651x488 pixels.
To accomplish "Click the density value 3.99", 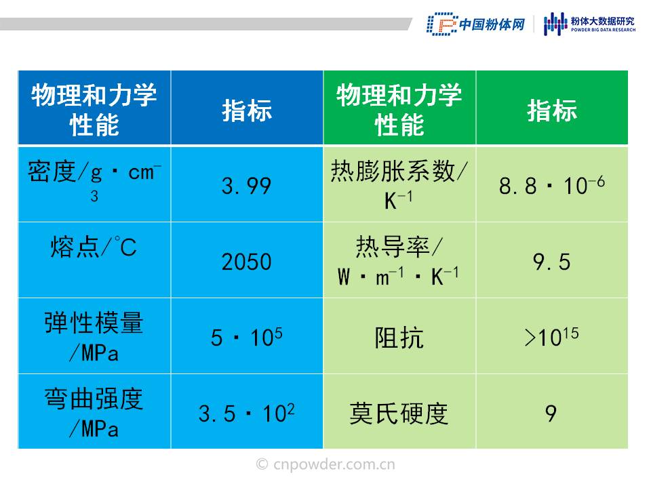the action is click(246, 186).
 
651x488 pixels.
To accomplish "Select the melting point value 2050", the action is click(246, 262).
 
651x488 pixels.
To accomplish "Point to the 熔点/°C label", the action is click(94, 247).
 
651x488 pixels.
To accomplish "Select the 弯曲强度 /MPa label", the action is click(94, 413).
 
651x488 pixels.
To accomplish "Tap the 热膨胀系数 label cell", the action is click(399, 184).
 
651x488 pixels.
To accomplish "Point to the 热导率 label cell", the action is click(399, 260).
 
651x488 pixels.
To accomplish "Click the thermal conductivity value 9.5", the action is click(552, 262).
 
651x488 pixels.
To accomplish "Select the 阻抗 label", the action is click(399, 338).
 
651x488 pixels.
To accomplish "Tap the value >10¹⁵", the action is click(552, 337).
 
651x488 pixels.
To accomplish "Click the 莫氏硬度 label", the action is click(399, 413).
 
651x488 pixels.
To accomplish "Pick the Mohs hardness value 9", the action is click(551, 413).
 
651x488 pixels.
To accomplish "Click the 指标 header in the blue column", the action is click(247, 110).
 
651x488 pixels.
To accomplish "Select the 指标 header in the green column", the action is click(552, 110).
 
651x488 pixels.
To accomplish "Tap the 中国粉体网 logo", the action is click(476, 24).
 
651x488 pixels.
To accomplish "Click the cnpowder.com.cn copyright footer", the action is click(325, 464).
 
